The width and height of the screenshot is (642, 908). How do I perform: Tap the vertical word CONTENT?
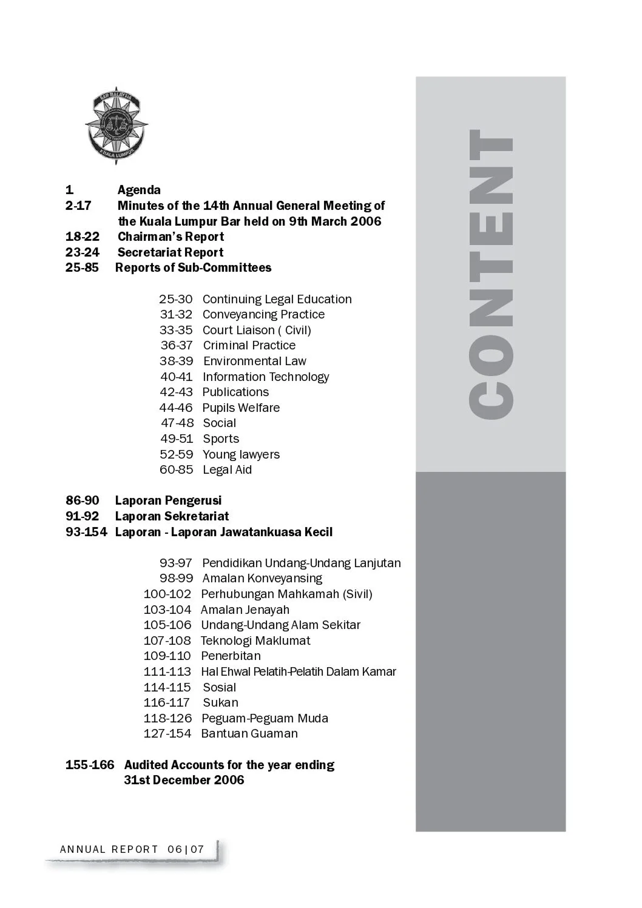point(492,274)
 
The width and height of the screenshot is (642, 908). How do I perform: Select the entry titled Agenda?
point(139,190)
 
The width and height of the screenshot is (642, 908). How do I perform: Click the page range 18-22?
point(83,237)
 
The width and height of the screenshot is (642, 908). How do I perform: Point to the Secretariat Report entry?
point(171,252)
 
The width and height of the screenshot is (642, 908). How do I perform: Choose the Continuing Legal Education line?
point(277,299)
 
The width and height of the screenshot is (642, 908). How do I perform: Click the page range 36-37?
point(177,346)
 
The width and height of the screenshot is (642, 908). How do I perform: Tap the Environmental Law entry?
point(255,361)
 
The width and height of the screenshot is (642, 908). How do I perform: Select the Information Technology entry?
point(266,377)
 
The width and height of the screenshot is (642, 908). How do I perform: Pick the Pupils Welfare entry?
point(241,408)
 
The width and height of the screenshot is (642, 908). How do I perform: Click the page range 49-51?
point(177,439)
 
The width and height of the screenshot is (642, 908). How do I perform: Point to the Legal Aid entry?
point(227,469)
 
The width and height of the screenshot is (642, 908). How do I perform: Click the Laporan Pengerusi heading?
point(168,500)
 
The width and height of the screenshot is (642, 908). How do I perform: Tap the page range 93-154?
point(86,532)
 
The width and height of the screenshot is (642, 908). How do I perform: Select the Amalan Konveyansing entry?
point(262,578)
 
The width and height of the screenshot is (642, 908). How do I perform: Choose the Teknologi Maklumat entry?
point(255,641)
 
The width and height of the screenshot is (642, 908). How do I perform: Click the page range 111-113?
point(167,671)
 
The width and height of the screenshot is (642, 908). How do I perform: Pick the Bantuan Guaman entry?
point(249,733)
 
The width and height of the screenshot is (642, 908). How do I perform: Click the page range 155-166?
point(90,765)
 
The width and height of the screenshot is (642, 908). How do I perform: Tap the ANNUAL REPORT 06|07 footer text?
point(132,849)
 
